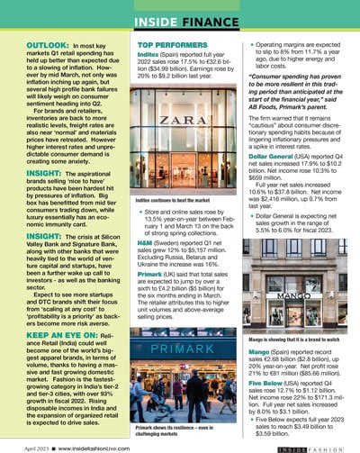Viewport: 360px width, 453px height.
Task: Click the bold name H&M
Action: [148, 242]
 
